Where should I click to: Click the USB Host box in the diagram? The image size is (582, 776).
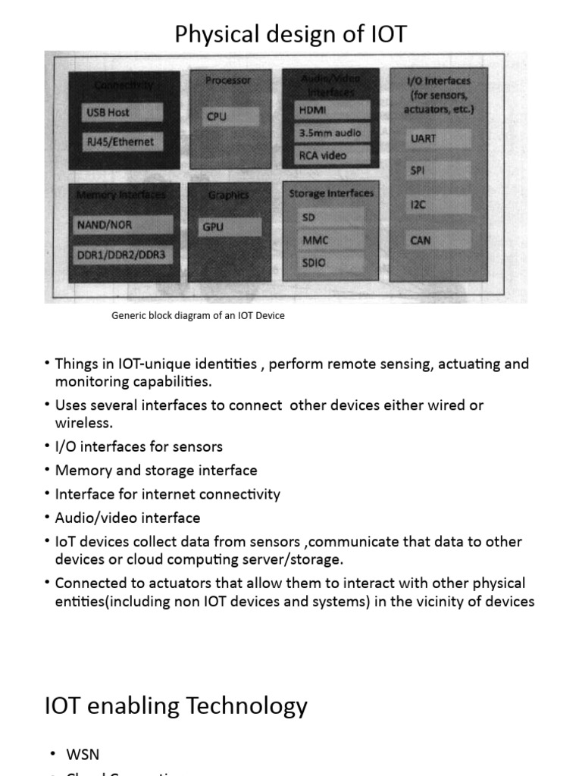pyautogui.click(x=123, y=113)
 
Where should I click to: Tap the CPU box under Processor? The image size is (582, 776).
pyautogui.click(x=230, y=117)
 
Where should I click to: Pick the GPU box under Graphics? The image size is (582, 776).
pyautogui.click(x=230, y=227)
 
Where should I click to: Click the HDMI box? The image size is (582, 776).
pyautogui.click(x=332, y=110)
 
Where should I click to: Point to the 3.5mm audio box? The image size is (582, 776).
pyautogui.click(x=332, y=133)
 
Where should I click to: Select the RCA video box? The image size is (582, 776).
pyautogui.click(x=332, y=155)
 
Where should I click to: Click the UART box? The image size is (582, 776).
pyautogui.click(x=439, y=139)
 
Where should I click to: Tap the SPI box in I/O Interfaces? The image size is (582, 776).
pyautogui.click(x=439, y=171)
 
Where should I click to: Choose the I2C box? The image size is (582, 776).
pyautogui.click(x=439, y=205)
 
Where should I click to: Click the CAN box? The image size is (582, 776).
pyautogui.click(x=439, y=240)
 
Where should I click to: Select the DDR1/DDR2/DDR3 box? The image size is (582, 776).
pyautogui.click(x=121, y=255)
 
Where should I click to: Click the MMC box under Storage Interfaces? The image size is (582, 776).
pyautogui.click(x=327, y=240)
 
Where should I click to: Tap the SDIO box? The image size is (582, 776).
pyautogui.click(x=327, y=263)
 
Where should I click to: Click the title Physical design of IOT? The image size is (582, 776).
pyautogui.click(x=291, y=34)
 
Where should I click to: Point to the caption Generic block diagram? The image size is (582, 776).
pyautogui.click(x=198, y=315)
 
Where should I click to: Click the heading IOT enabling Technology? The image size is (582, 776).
pyautogui.click(x=177, y=706)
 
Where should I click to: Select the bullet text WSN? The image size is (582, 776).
pyautogui.click(x=83, y=754)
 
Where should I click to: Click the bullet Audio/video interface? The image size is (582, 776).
pyautogui.click(x=127, y=518)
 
